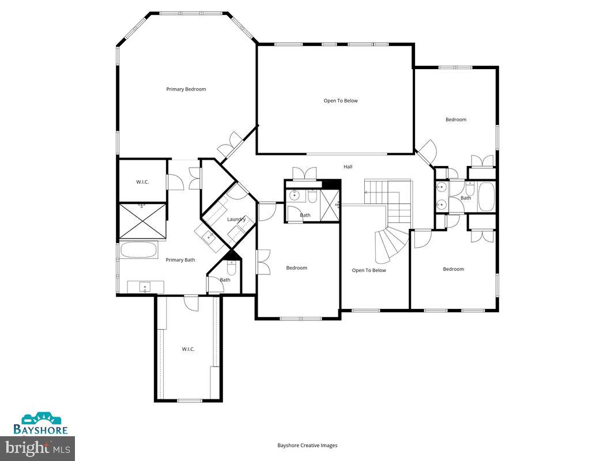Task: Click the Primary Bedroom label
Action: (x=186, y=89)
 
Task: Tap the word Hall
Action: (x=348, y=167)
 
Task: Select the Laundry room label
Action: (x=236, y=220)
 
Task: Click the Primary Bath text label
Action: (x=180, y=260)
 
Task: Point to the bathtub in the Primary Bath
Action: (x=138, y=251)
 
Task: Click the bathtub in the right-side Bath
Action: (x=485, y=197)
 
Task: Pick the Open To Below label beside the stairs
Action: (x=369, y=270)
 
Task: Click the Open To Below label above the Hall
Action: (x=340, y=101)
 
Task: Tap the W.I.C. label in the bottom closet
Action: (x=188, y=349)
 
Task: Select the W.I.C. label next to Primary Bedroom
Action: (x=142, y=182)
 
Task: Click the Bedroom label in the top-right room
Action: (x=455, y=120)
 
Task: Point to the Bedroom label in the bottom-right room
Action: (x=453, y=269)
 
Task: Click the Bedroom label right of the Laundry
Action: (x=297, y=268)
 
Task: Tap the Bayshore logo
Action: (x=41, y=424)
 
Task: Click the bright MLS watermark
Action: (x=37, y=447)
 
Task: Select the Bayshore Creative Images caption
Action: (x=307, y=445)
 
